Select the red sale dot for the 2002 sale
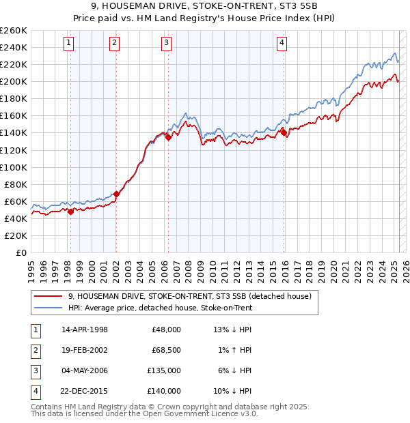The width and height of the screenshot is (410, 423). point(116,194)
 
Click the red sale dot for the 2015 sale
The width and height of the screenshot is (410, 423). point(284,133)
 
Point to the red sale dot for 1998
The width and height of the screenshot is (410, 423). point(70,211)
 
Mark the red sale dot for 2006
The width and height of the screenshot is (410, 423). point(167,137)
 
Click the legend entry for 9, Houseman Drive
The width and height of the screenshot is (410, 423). point(190,296)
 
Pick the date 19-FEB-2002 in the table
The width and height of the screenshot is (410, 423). point(85,349)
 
